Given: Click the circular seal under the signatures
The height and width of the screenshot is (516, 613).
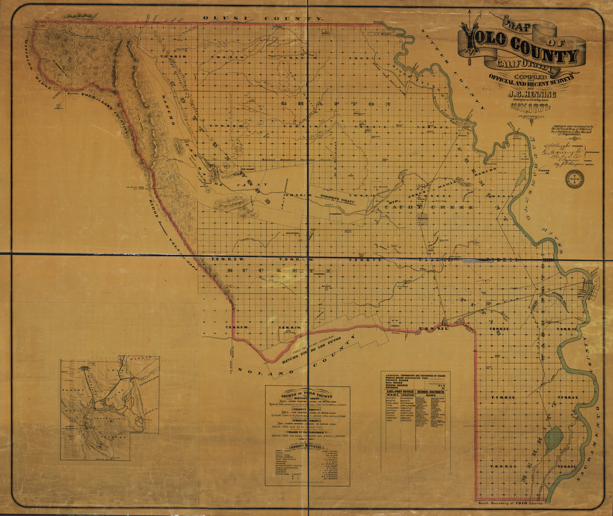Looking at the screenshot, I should (574, 178).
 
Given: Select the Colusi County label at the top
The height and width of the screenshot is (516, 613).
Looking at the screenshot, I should (262, 18).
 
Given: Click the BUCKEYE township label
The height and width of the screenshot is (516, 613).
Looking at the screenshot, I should (279, 271).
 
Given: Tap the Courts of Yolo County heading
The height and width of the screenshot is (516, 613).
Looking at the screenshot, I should (307, 392).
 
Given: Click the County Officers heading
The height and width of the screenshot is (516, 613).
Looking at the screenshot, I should (307, 446).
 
